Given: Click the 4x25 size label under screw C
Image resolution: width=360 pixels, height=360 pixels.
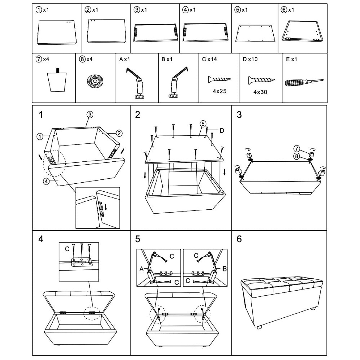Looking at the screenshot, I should click(x=220, y=91).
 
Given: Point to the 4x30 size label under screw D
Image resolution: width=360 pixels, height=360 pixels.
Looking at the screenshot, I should click(x=260, y=92).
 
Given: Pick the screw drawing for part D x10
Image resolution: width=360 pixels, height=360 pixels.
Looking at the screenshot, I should click(x=261, y=80).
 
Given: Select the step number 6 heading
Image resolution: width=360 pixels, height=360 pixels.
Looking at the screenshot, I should click(x=239, y=239).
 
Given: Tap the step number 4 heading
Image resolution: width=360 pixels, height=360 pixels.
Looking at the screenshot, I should click(x=41, y=239).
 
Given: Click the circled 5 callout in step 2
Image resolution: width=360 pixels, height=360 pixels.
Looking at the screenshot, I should click(x=202, y=124).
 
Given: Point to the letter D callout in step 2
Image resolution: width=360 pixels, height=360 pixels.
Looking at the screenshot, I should click(x=222, y=130).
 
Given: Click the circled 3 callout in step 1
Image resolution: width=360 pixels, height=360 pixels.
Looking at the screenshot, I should click(x=90, y=114).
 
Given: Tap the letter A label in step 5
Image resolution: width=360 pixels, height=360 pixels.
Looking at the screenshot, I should click(x=141, y=269).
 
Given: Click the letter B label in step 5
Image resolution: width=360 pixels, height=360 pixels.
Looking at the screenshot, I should click(x=224, y=269).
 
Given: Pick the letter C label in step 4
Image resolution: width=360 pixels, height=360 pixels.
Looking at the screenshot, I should click(x=67, y=249).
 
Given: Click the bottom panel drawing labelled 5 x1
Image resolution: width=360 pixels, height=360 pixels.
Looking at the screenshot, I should click(x=256, y=33).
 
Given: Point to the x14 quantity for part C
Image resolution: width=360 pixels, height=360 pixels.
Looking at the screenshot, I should click(x=214, y=59).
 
